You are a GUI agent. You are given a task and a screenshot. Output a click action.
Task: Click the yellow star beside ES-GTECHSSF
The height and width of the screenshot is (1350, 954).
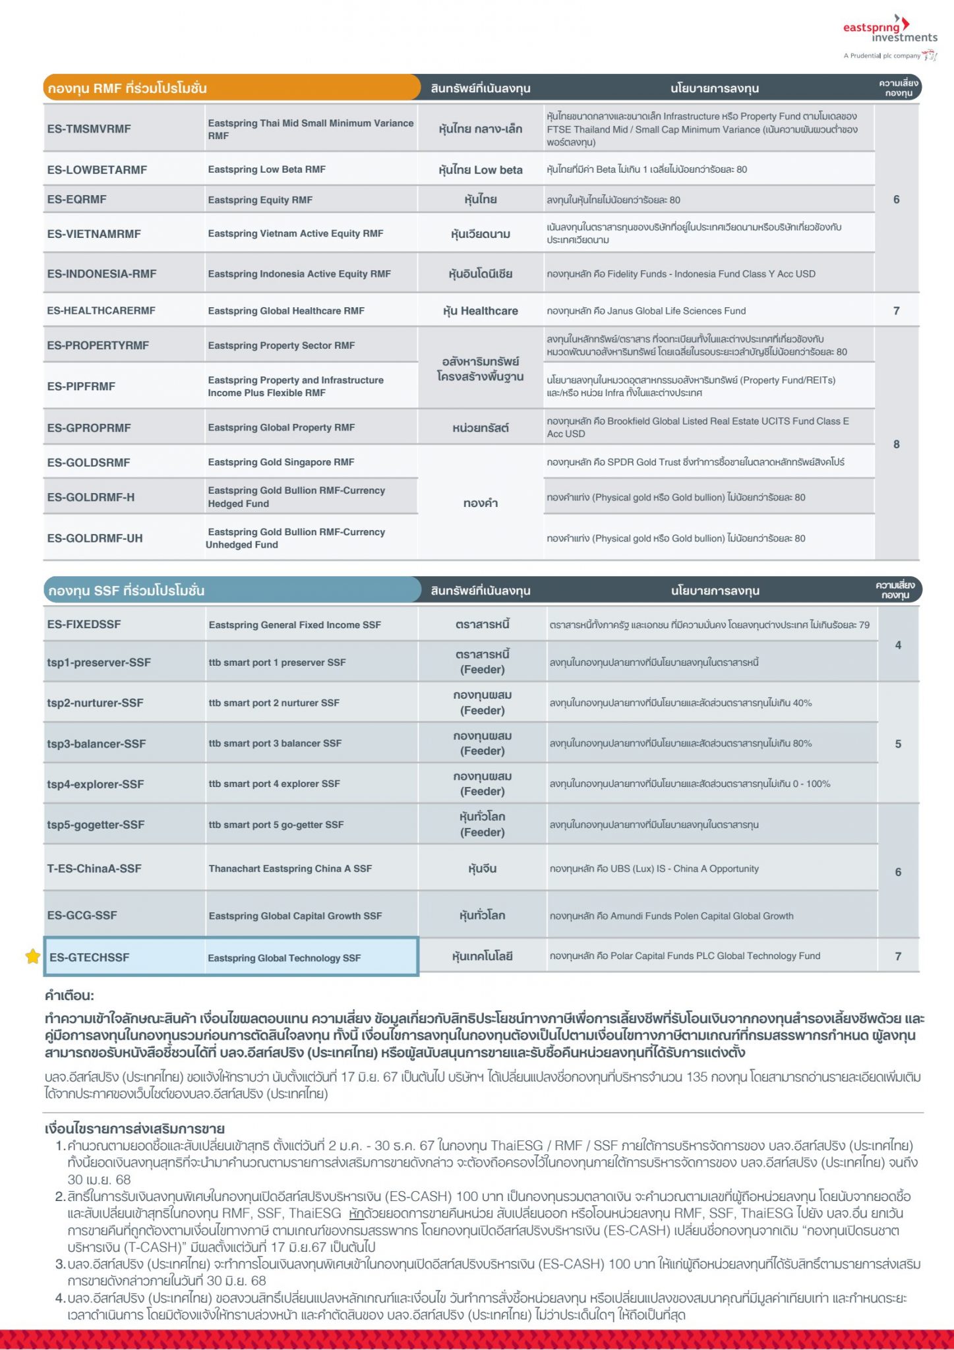point(32,956)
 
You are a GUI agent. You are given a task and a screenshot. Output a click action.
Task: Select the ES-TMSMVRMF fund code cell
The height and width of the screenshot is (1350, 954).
point(89,129)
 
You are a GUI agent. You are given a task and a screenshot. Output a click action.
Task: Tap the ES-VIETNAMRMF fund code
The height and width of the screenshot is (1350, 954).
point(94,233)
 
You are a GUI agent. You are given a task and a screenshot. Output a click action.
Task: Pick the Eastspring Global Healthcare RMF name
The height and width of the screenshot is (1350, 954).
point(286,310)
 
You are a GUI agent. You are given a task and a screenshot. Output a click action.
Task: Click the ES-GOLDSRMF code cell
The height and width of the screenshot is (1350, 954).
point(88,462)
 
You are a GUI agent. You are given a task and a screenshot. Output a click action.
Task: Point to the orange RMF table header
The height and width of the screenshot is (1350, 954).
point(231,88)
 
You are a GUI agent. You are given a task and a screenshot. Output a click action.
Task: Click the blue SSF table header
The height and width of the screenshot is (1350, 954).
point(231,590)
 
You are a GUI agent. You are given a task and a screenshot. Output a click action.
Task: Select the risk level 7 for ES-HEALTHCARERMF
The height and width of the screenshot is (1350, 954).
point(896,310)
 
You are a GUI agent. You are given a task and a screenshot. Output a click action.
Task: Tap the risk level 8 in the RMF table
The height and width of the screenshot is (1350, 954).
point(896,444)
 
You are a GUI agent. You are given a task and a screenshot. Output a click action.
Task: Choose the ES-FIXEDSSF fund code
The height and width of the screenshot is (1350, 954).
point(84,624)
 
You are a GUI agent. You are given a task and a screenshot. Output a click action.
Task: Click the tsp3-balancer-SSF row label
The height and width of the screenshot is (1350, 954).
point(96,744)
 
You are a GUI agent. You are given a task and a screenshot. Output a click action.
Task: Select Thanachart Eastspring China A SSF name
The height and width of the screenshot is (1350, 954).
point(290,868)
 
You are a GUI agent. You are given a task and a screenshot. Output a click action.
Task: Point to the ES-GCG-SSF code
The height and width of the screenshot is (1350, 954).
point(82,915)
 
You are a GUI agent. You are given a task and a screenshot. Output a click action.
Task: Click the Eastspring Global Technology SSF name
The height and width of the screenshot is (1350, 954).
point(284,958)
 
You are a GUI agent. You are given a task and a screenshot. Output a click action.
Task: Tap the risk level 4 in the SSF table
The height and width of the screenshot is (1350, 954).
point(898,645)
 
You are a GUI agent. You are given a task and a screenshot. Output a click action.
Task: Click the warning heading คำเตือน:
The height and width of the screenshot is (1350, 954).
point(69,995)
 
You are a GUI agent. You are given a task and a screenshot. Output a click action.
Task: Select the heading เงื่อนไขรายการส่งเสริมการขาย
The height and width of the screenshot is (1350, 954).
point(134,1129)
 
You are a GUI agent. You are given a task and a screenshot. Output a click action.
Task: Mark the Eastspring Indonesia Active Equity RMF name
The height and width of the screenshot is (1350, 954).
point(299,274)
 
